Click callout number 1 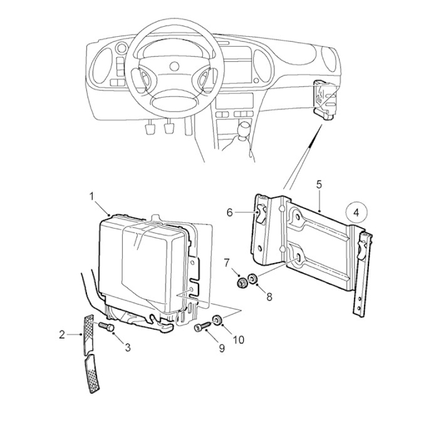tap(91, 196)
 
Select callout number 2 tap(62, 335)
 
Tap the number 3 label tap(128, 347)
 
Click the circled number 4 tap(356, 213)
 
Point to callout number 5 tap(319, 185)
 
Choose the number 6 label tap(230, 212)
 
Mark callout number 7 tap(227, 263)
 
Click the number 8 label tap(269, 297)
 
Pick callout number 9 tap(221, 348)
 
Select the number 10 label tap(239, 340)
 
